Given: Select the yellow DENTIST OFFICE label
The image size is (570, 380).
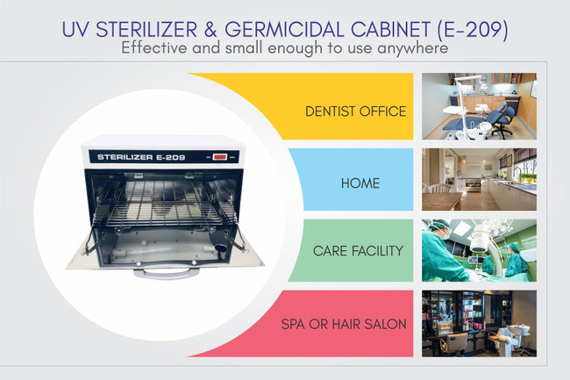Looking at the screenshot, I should coord(355,111).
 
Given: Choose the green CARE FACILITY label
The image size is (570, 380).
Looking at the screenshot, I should coord(357,251).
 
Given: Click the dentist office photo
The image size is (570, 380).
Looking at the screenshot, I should coord(478,106).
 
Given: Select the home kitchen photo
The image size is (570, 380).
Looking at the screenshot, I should coord(478,179).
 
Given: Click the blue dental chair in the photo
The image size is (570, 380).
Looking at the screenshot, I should coord(502,112).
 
